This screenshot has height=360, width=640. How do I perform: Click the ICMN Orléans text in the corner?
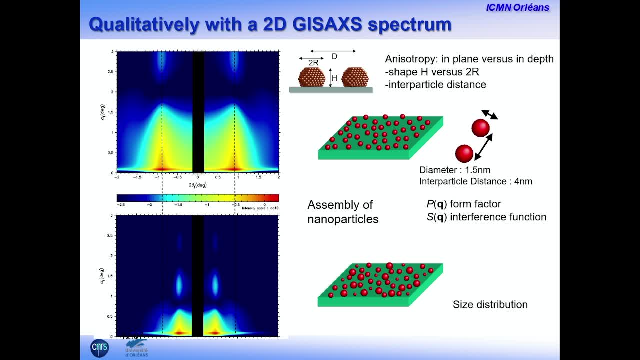[x=517, y=7]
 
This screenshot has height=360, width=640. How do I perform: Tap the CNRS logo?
[x=99, y=348]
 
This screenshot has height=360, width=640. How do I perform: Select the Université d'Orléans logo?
[x=136, y=348]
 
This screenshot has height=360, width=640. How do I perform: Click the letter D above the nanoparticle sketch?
[x=334, y=56]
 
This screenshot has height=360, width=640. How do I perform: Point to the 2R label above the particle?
[x=313, y=63]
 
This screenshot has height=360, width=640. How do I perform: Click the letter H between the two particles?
[x=335, y=77]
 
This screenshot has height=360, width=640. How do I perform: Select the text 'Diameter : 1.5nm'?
[x=454, y=170]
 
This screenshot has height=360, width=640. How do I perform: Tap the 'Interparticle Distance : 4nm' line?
[x=475, y=181]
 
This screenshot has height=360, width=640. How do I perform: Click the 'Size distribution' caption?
[x=490, y=304]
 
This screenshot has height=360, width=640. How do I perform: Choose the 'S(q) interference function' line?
[x=486, y=217]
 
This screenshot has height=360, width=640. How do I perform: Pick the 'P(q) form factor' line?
[x=463, y=204]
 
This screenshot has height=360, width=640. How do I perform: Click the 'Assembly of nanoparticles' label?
[x=343, y=212]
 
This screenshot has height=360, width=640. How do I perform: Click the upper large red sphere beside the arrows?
[x=480, y=128]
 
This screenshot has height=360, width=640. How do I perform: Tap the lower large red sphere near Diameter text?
[x=464, y=153]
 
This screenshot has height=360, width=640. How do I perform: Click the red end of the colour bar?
[x=272, y=198]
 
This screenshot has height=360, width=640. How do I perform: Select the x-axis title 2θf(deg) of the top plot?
[x=197, y=185]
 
